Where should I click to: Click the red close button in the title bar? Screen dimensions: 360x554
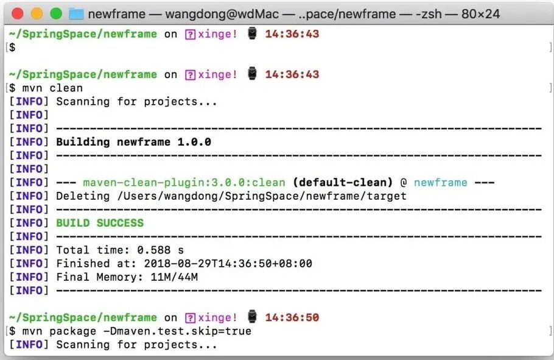[18, 13]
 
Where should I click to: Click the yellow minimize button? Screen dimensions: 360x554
[37, 13]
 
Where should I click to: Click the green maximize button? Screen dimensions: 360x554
[56, 13]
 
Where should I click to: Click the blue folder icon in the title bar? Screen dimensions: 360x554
[76, 13]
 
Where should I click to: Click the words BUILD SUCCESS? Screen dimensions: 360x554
[100, 223]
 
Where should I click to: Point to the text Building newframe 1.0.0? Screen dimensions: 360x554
[133, 142]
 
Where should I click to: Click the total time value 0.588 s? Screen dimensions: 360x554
[160, 250]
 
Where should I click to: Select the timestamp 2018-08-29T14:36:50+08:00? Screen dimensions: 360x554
[227, 263]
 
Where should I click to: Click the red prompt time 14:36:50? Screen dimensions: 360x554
[292, 317]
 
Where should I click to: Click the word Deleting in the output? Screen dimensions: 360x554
[80, 196]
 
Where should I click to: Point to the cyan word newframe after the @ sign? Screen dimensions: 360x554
[440, 182]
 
